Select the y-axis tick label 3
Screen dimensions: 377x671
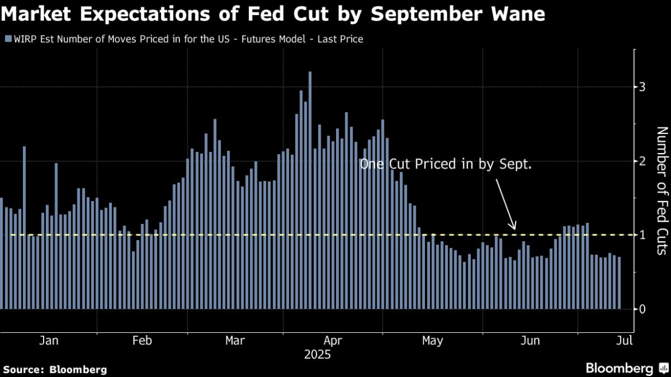pos(643,87)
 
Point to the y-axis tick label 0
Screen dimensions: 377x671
pos(643,309)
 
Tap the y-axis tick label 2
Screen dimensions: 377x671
pos(643,161)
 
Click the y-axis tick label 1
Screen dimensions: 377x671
pos(643,235)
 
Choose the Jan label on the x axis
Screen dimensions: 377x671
pos(49,341)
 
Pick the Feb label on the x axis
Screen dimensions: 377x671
pos(142,341)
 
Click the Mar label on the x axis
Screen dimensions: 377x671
pos(235,341)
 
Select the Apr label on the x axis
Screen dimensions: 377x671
pos(333,341)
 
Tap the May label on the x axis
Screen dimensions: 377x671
pos(432,341)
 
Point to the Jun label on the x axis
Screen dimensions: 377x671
pos(530,341)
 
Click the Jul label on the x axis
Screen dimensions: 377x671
pos(625,341)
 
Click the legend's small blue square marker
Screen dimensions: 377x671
pos(7,39)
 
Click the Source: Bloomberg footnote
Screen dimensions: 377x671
pos(54,370)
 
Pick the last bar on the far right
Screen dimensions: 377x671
pos(619,283)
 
